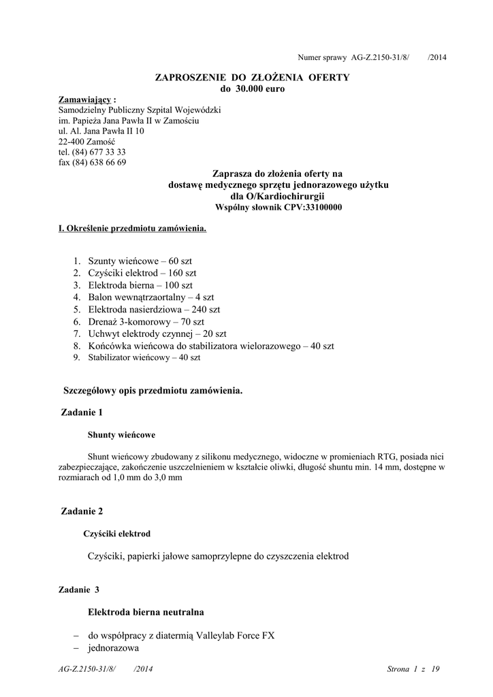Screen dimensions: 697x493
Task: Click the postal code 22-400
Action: [x=71, y=142]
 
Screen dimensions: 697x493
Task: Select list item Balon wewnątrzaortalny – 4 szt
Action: [x=150, y=297]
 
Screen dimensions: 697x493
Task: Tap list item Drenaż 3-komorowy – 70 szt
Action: [x=146, y=321]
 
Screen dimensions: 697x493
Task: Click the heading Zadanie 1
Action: [x=82, y=412]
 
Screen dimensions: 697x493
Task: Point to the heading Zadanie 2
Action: [x=82, y=510]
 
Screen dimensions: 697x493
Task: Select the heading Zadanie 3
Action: [x=79, y=590]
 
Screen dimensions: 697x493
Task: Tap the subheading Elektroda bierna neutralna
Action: [x=146, y=612]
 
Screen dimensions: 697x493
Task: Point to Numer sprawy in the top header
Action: [x=323, y=58]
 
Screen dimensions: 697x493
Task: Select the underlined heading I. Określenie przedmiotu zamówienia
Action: [x=132, y=229]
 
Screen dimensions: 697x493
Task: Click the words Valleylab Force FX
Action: [x=235, y=636]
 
